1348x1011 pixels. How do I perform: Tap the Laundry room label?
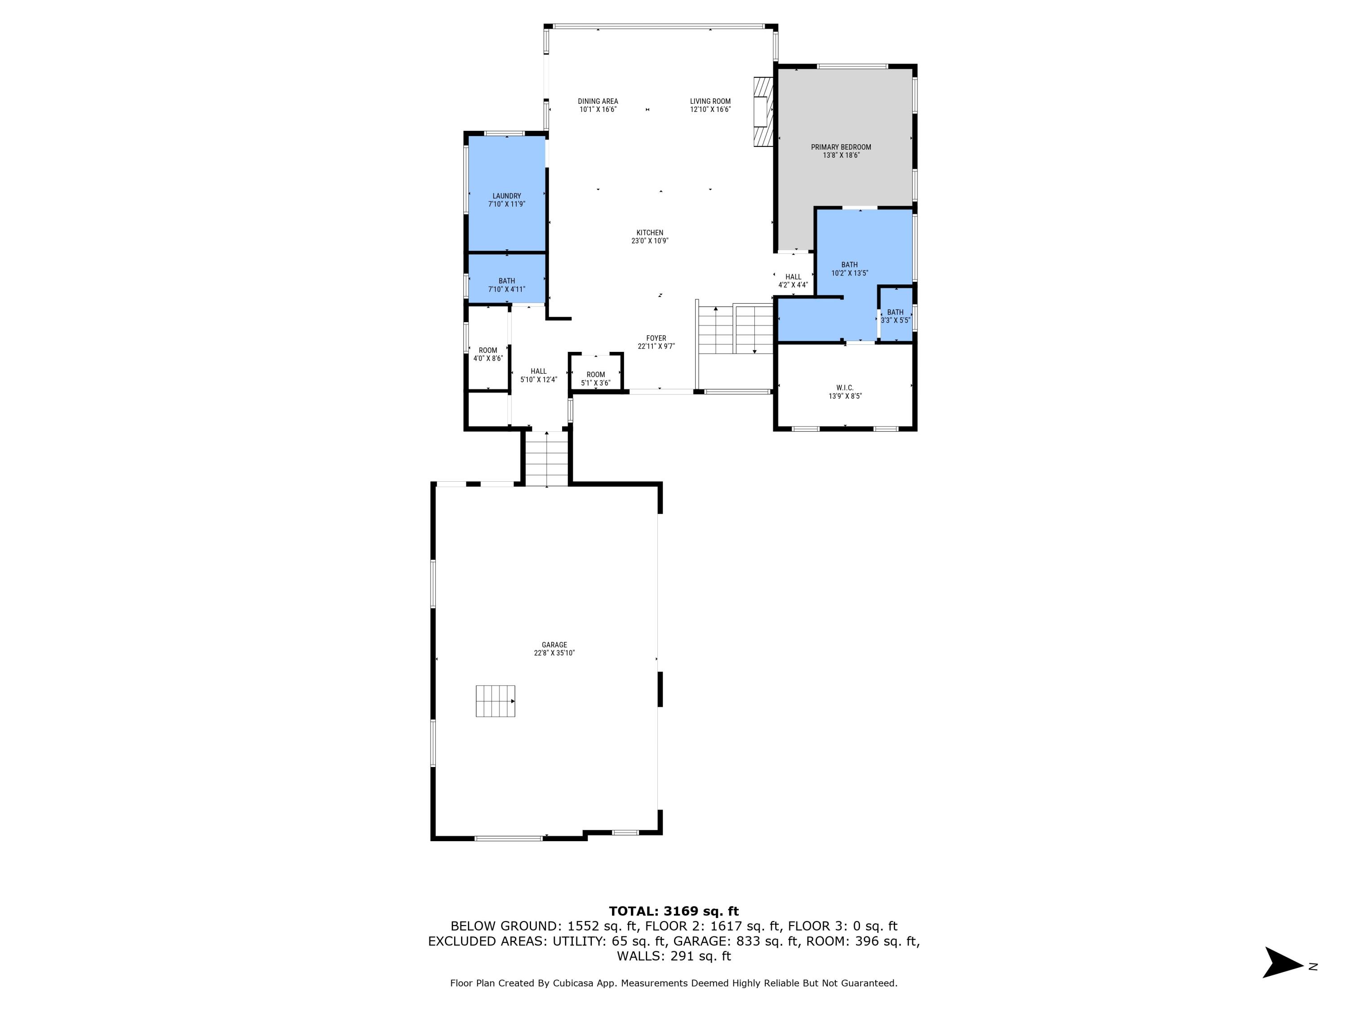tap(506, 196)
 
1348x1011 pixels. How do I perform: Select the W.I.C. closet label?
tap(845, 388)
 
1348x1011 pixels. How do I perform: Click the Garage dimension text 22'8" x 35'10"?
tap(554, 653)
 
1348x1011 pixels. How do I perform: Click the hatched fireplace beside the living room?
tap(762, 111)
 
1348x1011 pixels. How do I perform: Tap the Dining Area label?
tap(598, 101)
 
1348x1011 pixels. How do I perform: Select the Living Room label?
tap(710, 101)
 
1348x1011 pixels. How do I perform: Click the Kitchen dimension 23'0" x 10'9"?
tap(650, 241)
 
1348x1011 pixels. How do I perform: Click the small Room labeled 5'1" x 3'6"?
tap(595, 378)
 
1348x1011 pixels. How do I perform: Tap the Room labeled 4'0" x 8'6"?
tap(488, 354)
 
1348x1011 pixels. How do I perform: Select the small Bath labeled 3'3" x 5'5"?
tap(895, 316)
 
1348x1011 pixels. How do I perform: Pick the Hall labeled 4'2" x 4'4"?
tap(793, 280)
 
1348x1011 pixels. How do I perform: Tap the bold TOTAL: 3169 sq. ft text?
tap(674, 911)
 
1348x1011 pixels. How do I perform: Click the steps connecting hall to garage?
tap(547, 458)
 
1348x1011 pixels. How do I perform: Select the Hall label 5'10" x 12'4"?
tap(538, 375)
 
